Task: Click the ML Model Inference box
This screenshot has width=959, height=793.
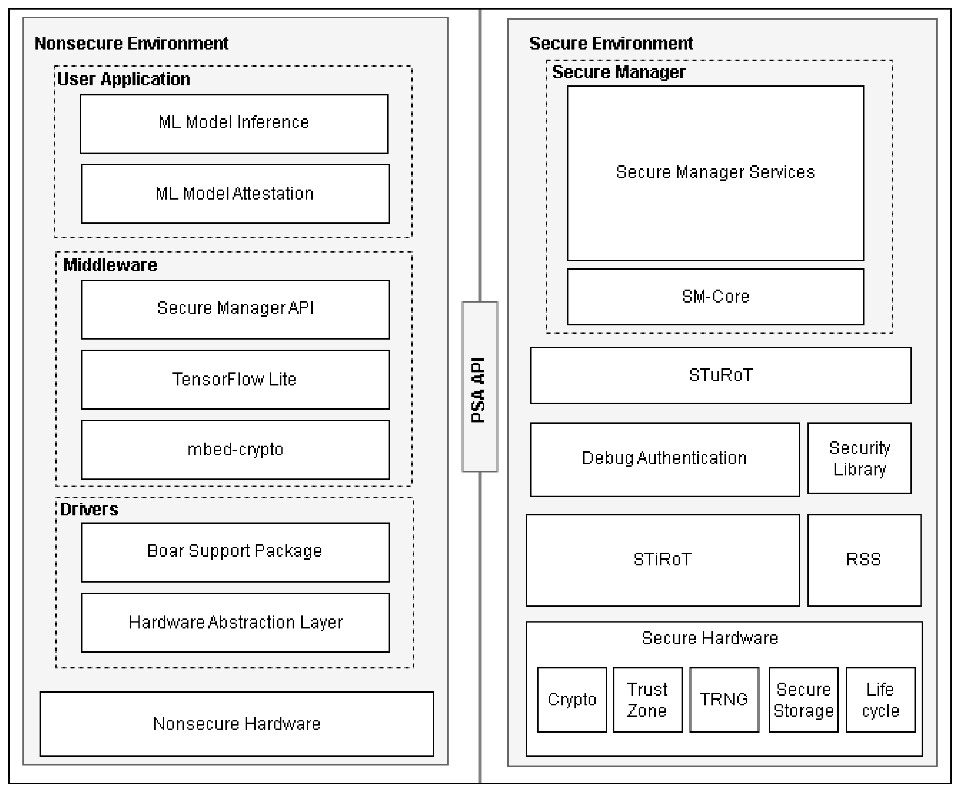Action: [234, 123]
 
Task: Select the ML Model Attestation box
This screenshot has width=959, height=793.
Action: [235, 194]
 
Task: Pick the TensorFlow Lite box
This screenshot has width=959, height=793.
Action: [235, 380]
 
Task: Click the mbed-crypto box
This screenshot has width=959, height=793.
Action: [235, 449]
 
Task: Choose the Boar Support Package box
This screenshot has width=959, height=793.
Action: [235, 552]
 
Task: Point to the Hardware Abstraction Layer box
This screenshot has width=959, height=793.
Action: [235, 622]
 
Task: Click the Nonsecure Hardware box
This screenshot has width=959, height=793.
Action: [237, 724]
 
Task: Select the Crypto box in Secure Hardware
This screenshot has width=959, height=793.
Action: [572, 699]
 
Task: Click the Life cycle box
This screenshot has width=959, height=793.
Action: [880, 699]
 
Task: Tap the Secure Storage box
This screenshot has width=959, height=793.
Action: [803, 699]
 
